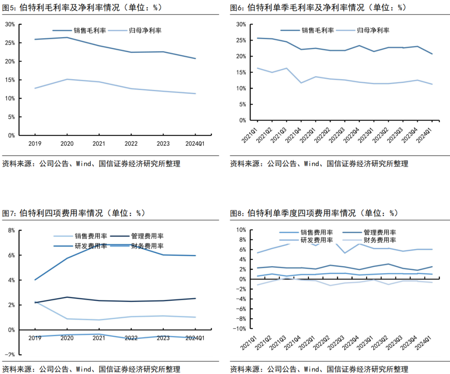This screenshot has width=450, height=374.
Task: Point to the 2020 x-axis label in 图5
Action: click(x=67, y=143)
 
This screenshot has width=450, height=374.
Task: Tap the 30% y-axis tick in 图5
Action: click(x=10, y=25)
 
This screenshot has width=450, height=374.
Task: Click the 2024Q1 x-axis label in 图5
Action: click(x=195, y=143)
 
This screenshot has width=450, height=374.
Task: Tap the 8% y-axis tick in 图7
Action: click(x=11, y=230)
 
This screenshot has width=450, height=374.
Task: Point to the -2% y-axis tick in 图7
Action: click(x=10, y=354)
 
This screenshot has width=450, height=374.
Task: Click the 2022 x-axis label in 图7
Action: click(x=131, y=338)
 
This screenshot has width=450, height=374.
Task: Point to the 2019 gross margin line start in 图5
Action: click(x=35, y=40)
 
